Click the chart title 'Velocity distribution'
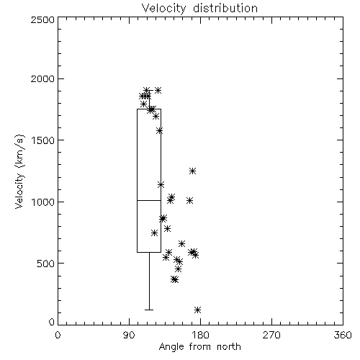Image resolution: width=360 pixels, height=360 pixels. (199, 8)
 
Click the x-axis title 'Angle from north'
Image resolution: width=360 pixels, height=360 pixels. (199, 347)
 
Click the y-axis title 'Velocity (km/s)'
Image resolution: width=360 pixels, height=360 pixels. (19, 171)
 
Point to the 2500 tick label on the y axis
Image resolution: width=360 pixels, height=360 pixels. (42, 19)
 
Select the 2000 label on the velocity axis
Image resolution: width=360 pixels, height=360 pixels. (42, 78)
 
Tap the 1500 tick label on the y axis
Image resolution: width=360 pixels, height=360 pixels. (43, 140)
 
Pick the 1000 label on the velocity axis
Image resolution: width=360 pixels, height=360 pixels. (43, 202)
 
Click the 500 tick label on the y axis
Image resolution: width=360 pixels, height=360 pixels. (46, 264)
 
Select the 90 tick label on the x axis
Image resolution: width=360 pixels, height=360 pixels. (129, 335)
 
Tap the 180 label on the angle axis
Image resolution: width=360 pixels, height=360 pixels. (200, 335)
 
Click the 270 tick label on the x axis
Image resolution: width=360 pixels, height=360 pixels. (271, 335)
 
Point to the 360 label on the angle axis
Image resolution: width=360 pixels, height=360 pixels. (343, 335)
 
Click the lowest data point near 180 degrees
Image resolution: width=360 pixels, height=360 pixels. (197, 310)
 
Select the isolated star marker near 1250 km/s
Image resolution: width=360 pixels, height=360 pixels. (192, 171)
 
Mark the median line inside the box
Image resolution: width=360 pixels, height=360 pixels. (149, 200)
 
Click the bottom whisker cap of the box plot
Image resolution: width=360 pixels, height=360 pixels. (149, 310)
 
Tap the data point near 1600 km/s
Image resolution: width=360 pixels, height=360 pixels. (160, 131)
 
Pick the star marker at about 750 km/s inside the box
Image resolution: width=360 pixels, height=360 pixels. (155, 233)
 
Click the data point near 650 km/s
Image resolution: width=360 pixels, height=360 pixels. (181, 243)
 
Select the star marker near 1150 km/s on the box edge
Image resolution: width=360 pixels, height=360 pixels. (161, 184)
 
